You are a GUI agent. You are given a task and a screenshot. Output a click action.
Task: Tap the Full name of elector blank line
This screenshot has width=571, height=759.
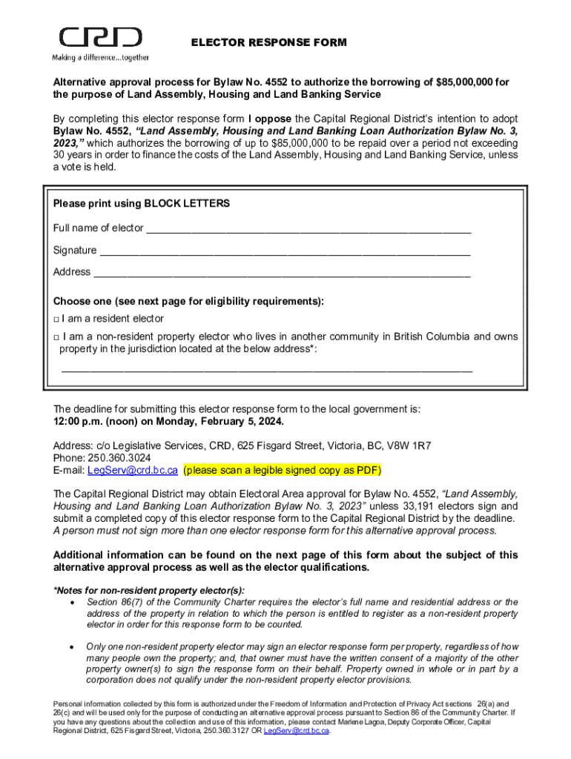[x=308, y=230]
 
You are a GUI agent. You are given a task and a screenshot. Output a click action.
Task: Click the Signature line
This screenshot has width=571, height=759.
[x=285, y=252]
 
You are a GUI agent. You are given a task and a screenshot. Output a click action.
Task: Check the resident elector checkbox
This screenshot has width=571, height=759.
[x=56, y=319]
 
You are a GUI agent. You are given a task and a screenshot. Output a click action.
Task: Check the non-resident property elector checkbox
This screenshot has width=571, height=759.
[x=56, y=337]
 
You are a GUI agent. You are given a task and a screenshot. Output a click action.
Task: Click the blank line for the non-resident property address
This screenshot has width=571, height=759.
[x=266, y=369]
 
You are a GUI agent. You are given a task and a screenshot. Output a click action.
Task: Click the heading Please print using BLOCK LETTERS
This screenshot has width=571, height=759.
[x=141, y=203]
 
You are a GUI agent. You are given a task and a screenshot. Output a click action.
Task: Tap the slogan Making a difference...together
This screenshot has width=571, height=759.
[x=100, y=57]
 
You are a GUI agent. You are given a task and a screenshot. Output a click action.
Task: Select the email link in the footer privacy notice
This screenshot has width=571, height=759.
[x=297, y=730]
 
